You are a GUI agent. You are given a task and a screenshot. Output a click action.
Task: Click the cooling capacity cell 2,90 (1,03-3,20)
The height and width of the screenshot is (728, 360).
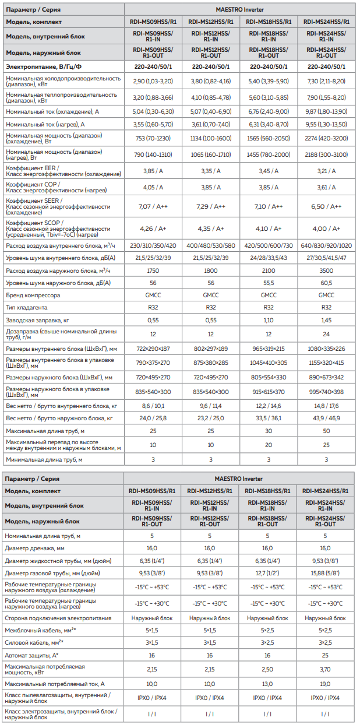pos(153,80)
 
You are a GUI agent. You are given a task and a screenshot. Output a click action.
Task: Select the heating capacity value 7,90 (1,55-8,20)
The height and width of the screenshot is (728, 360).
pos(326,97)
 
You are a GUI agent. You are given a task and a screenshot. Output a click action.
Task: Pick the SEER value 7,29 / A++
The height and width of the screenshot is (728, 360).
pos(211,207)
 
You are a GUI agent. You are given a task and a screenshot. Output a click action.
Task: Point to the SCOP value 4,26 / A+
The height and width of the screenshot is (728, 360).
pos(153,228)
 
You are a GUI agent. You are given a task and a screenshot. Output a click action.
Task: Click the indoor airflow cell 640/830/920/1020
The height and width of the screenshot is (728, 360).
pos(326,245)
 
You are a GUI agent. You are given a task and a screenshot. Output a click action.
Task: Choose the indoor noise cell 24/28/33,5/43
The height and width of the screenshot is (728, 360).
pos(269,257)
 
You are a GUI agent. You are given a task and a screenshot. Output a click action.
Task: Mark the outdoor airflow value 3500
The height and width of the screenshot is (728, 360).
pos(326,271)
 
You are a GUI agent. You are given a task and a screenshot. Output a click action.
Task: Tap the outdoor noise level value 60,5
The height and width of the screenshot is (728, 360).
pos(326,283)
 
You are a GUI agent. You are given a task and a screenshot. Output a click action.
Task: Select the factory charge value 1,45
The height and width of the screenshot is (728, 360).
pos(326,321)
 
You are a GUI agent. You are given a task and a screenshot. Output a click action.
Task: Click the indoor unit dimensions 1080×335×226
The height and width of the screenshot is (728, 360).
pos(326,348)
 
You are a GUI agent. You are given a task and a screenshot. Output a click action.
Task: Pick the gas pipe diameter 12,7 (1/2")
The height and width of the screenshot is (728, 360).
pos(269,573)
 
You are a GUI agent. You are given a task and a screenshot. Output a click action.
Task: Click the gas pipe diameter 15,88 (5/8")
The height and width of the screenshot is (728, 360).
pos(326,573)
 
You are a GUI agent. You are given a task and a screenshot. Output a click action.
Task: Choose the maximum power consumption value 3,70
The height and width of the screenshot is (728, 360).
pos(326,669)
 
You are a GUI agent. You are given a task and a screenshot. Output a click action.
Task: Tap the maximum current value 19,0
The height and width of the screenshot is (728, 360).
pos(326,684)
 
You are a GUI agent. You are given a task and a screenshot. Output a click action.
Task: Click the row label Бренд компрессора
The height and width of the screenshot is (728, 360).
pos(33,295)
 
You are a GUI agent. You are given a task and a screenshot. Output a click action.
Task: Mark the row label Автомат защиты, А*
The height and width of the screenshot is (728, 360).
pos(33,655)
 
